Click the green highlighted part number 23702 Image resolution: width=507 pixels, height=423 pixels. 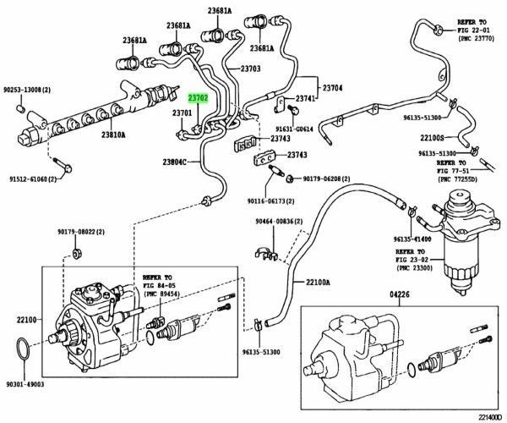tap(200, 97)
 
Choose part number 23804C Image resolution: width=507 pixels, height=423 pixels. tap(178, 162)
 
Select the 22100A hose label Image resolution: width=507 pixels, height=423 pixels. tap(319, 282)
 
